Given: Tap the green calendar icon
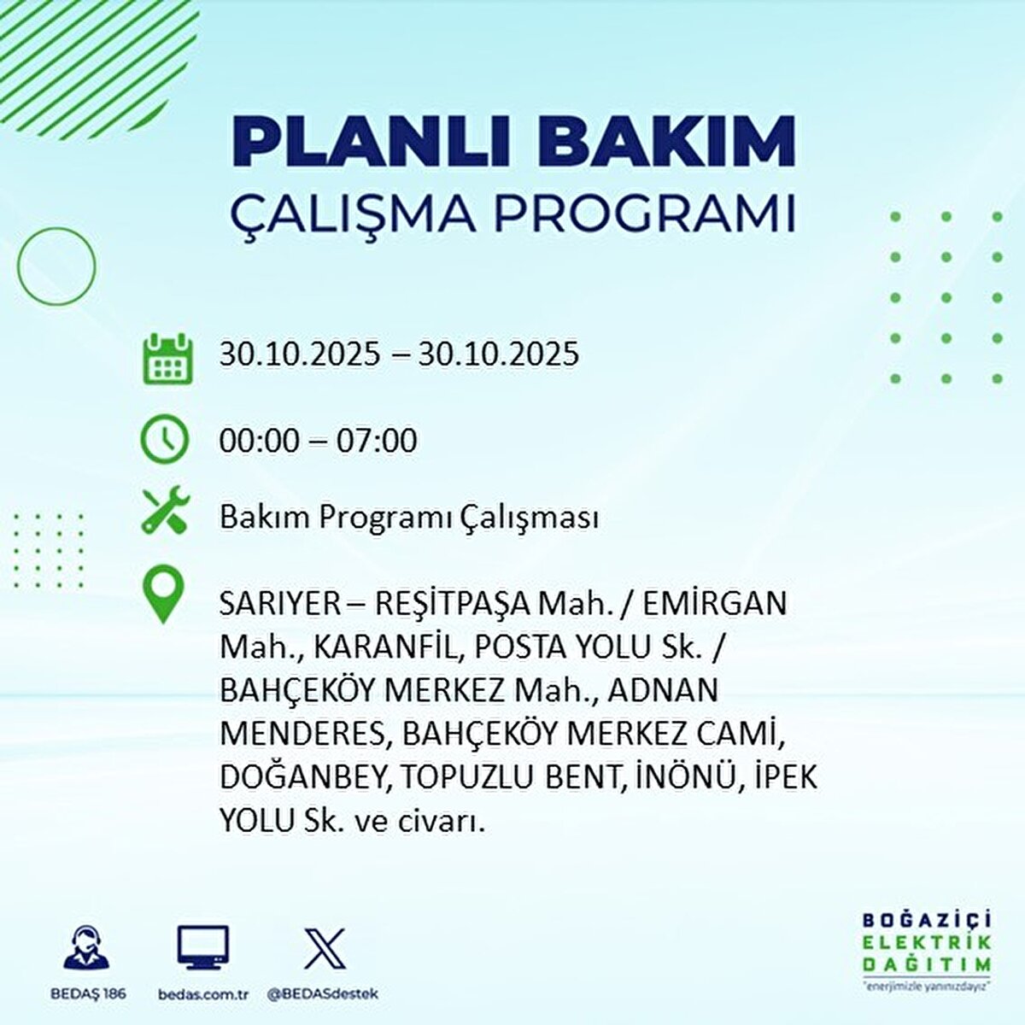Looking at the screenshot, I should (166, 358).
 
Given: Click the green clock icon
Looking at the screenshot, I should (164, 440).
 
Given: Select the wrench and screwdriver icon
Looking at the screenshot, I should (165, 511).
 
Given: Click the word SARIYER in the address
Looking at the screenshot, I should (268, 604).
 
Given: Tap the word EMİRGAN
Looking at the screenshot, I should (715, 604).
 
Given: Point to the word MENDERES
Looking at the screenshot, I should (304, 735).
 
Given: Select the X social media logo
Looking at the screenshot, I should (325, 949).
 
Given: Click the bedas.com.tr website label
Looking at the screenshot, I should (203, 994).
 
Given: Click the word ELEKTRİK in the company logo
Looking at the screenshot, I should (926, 942).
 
